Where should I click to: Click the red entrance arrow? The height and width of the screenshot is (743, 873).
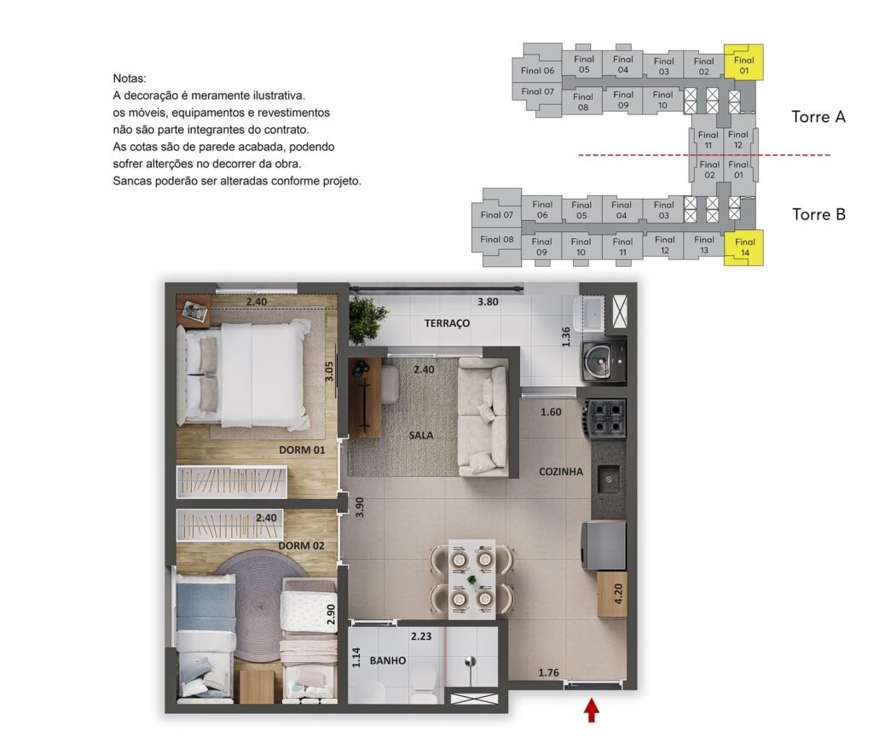[592, 711]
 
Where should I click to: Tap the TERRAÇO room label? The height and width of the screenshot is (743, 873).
[447, 323]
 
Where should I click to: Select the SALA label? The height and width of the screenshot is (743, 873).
[421, 435]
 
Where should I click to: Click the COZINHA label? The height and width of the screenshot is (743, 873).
[561, 472]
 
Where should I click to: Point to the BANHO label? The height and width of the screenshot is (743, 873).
[388, 660]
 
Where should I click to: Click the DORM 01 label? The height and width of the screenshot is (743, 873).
[302, 450]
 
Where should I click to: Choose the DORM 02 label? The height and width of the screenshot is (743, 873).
[301, 546]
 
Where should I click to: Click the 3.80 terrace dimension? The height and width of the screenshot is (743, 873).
[488, 302]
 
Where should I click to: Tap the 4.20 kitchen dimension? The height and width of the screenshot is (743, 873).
[618, 595]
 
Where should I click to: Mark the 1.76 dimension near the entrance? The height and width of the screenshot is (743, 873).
[548, 673]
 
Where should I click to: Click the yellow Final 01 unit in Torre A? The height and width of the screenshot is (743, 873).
[743, 61]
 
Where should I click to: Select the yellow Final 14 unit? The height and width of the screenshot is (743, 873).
[743, 247]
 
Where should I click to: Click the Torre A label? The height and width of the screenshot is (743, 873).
[818, 117]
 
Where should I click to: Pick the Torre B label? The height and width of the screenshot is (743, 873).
[819, 214]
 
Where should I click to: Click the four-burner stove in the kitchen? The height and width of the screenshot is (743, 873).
[604, 418]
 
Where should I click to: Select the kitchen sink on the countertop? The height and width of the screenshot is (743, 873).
[609, 479]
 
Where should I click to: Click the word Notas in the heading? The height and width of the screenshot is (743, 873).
[129, 78]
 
